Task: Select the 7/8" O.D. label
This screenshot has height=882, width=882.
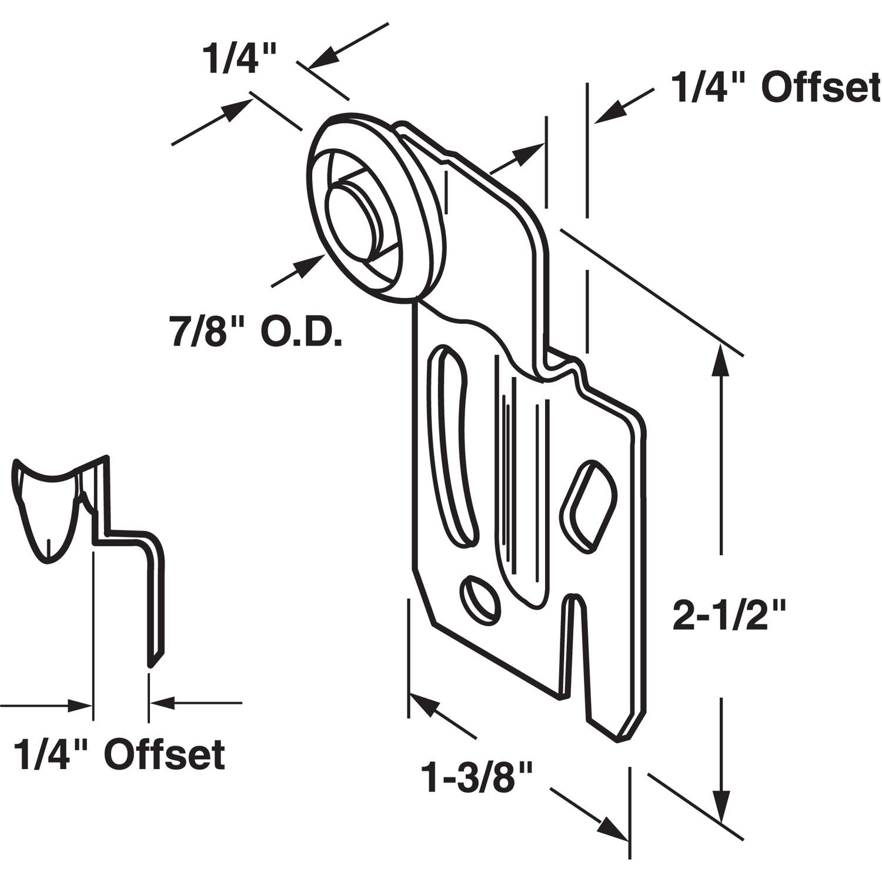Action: click(x=256, y=334)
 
